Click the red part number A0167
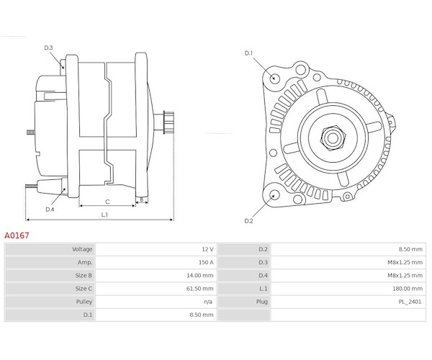(17, 235)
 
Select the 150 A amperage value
(206, 262)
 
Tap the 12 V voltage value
(207, 249)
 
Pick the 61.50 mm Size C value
(199, 289)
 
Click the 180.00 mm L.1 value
(408, 289)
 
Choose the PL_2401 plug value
(410, 302)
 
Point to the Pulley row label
(84, 302)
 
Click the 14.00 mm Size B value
(199, 276)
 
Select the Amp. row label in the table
(85, 263)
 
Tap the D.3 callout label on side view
(48, 48)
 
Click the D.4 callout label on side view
(50, 210)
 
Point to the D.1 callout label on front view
(248, 53)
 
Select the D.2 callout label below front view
(248, 221)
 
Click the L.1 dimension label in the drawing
(104, 215)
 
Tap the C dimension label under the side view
(107, 202)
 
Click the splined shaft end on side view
(168, 122)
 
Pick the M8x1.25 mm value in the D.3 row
(405, 262)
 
